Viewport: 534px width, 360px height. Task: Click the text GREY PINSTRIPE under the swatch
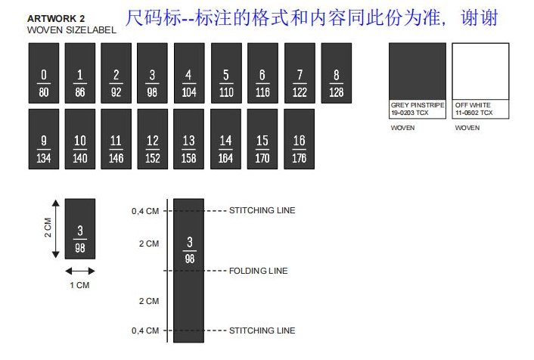point(418,105)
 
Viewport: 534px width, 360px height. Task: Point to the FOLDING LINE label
point(258,271)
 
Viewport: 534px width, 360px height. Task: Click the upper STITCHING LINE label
point(262,210)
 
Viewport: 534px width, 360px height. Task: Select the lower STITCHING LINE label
point(262,331)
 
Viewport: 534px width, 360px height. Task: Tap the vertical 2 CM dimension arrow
point(55,228)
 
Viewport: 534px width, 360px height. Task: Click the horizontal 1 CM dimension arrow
point(79,270)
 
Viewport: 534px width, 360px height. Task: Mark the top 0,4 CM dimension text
point(145,211)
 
